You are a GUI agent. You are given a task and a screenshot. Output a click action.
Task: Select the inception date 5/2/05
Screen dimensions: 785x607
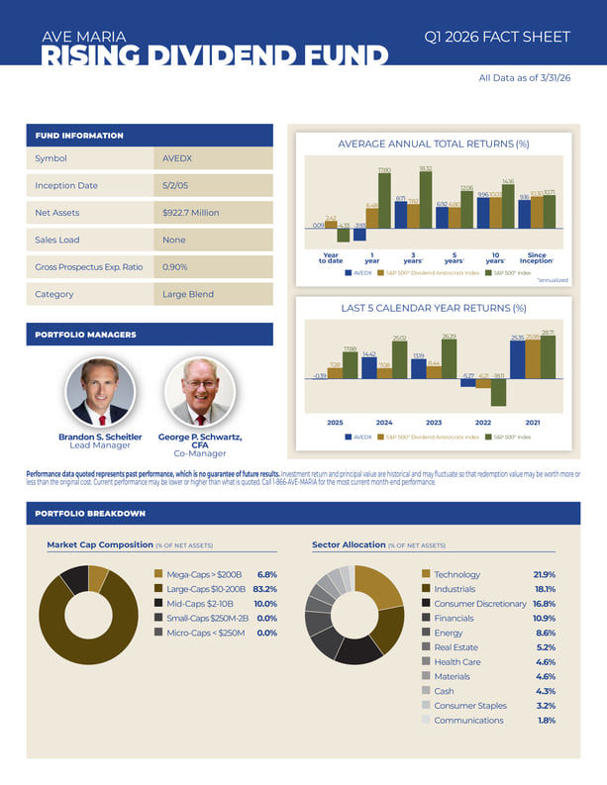(175, 185)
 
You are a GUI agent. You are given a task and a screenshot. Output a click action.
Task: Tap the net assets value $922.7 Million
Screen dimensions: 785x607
(190, 213)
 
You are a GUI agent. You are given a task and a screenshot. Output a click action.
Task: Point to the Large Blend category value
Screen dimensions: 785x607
(186, 294)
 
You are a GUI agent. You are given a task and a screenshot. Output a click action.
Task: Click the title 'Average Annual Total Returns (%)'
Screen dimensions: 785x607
(433, 145)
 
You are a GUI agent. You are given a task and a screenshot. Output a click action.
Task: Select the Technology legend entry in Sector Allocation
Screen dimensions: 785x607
(456, 574)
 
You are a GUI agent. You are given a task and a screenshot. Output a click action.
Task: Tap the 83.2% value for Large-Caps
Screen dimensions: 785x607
(264, 588)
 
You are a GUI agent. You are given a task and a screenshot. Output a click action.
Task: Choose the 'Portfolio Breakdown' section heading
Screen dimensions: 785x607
(90, 514)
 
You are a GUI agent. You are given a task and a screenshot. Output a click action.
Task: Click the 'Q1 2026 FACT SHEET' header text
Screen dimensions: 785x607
(497, 37)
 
